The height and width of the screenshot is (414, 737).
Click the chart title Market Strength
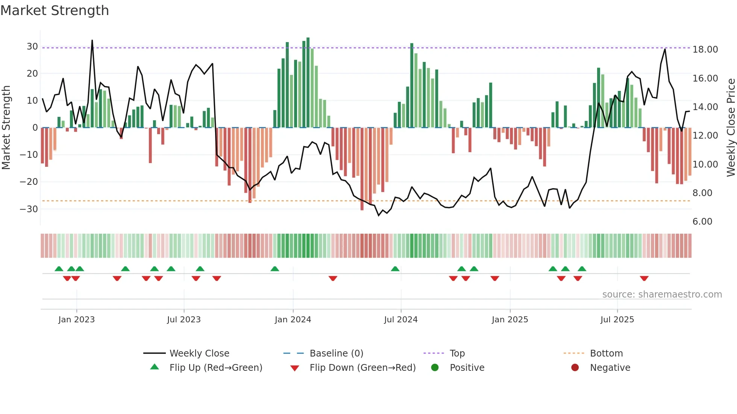(x=55, y=11)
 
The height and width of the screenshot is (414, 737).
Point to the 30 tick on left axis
(x=32, y=47)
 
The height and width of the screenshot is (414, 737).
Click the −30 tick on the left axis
(x=29, y=209)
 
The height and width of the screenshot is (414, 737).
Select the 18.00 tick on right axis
(x=705, y=50)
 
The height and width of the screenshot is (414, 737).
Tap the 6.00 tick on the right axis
(x=702, y=222)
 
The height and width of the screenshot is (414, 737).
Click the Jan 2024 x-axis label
(x=293, y=320)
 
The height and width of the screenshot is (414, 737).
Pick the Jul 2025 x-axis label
(x=617, y=320)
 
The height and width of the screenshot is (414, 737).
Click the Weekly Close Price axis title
(x=731, y=128)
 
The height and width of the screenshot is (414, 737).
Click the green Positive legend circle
(x=435, y=368)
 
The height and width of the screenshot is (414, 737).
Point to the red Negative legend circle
(x=575, y=368)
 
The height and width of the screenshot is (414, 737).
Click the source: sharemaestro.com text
(x=662, y=295)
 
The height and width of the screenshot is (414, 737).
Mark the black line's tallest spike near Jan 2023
(x=92, y=41)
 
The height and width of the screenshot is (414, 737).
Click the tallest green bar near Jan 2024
(x=308, y=83)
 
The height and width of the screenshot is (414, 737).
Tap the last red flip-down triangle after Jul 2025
(x=644, y=278)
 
